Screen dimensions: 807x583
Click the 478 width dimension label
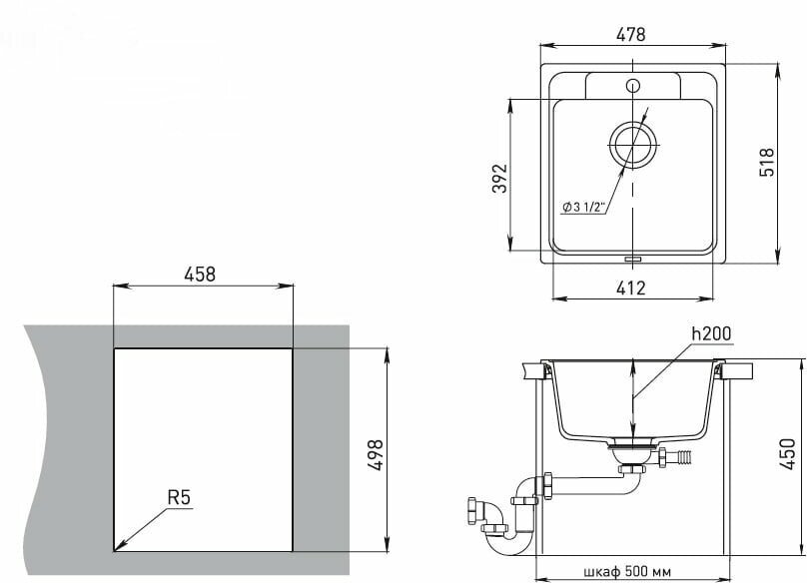pyautogui.click(x=630, y=35)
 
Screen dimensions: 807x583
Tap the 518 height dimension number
pyautogui.click(x=766, y=162)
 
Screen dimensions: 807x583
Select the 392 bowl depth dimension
pyautogui.click(x=499, y=178)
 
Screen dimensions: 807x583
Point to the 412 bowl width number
pyautogui.click(x=630, y=289)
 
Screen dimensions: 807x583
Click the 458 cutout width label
pyautogui.click(x=200, y=275)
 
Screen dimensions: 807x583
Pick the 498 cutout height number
pyautogui.click(x=376, y=455)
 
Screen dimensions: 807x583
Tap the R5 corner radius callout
pyautogui.click(x=179, y=497)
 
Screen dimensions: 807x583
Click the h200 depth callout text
pyautogui.click(x=711, y=333)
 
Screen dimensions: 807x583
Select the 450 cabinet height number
pyautogui.click(x=787, y=453)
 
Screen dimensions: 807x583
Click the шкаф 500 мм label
pyautogui.click(x=627, y=572)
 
